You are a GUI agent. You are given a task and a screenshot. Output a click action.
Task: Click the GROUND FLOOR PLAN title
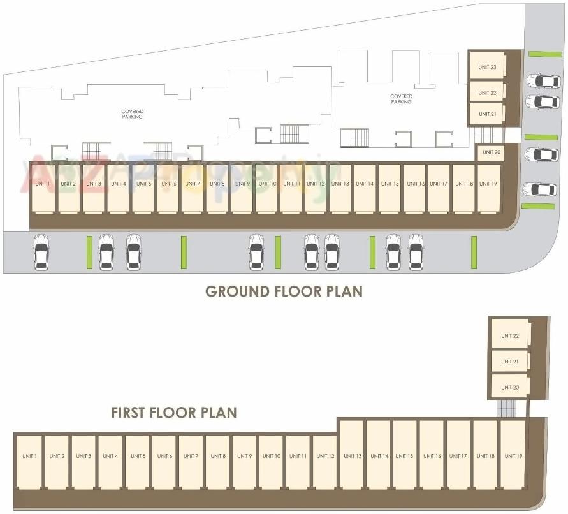(284, 291)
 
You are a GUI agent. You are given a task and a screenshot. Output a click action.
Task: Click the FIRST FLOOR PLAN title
(174, 413)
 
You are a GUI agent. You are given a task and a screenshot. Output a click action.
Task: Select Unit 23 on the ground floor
(487, 67)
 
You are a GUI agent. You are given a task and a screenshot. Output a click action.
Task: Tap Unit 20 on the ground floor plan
(492, 152)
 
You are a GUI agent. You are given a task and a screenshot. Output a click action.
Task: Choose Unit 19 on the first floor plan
(513, 456)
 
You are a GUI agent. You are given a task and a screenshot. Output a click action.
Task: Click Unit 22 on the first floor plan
(510, 335)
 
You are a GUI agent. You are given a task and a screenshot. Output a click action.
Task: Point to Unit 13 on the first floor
(352, 456)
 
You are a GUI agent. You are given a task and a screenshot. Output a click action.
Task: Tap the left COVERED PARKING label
(132, 114)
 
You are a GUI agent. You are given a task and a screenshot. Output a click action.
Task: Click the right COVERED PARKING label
(402, 99)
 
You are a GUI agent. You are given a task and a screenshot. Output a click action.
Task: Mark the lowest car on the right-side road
(539, 189)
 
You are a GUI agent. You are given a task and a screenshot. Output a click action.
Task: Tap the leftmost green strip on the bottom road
(89, 252)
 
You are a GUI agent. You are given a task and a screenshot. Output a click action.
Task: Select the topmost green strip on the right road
(545, 54)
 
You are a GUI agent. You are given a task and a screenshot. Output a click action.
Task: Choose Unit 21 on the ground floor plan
(487, 114)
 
